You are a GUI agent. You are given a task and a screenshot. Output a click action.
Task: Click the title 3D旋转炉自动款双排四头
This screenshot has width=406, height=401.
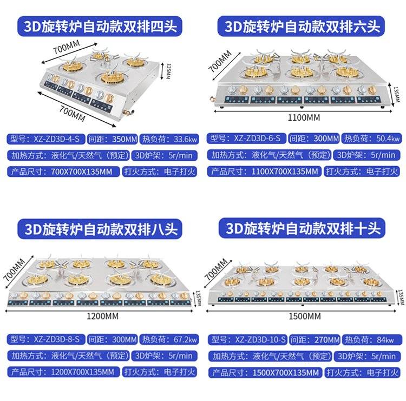(100, 26)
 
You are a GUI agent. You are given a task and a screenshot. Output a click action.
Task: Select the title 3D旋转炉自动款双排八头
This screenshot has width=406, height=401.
(100, 229)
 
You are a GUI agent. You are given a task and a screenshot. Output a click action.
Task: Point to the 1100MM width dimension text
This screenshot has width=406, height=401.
(304, 118)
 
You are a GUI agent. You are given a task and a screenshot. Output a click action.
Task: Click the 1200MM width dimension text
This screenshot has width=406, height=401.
(102, 316)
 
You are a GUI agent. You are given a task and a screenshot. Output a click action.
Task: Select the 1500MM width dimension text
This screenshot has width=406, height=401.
(305, 316)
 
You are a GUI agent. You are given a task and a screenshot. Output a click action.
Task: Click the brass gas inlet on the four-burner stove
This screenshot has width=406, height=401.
(128, 113)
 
